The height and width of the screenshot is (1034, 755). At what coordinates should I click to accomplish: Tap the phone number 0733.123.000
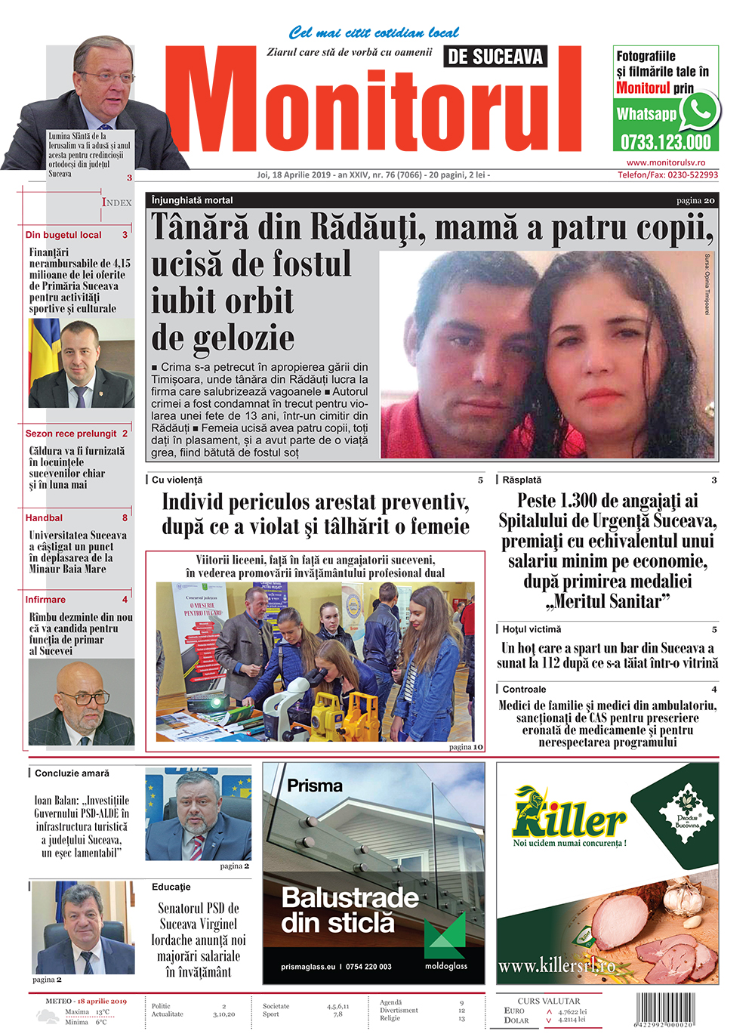665,142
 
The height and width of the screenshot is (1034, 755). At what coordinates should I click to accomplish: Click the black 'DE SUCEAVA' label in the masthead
495,57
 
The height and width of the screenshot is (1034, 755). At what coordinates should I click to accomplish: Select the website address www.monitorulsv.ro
665,162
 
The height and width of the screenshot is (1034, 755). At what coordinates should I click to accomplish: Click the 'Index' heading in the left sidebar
117,202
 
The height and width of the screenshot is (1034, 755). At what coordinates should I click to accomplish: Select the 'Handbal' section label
44,518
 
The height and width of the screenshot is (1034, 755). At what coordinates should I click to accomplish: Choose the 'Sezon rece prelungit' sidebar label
71,434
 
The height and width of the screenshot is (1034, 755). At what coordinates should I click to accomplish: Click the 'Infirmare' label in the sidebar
45,600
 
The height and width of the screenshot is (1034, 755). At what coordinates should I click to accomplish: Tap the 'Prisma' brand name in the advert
315,786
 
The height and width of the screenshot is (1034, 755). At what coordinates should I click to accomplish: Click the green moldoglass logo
445,941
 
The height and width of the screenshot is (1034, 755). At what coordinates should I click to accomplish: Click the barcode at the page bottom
665,1008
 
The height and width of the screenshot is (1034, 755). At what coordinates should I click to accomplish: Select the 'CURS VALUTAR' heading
549,1001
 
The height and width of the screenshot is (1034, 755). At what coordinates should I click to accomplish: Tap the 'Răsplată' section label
522,480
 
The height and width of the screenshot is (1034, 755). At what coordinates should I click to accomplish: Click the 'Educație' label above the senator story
171,887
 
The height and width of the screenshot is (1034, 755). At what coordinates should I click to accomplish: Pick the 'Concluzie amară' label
72,773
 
